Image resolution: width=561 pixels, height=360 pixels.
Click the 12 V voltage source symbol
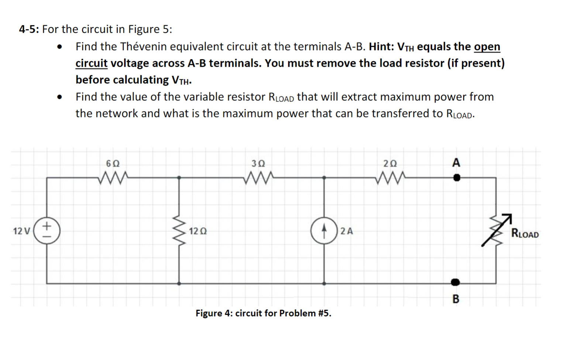(x=47, y=231)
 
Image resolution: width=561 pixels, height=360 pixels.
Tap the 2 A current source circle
(x=324, y=231)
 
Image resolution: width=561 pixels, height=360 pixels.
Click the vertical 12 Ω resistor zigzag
(x=179, y=231)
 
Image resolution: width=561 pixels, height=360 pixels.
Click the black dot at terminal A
(x=457, y=178)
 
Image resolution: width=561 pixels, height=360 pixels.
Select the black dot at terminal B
(x=455, y=282)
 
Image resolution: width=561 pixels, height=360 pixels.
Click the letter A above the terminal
(x=456, y=162)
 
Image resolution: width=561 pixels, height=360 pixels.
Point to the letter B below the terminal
(x=456, y=299)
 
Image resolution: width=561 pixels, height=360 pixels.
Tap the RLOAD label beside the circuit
(x=524, y=234)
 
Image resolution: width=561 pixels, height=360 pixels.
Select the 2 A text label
(x=347, y=231)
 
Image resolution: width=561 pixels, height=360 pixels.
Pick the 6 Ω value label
(x=113, y=163)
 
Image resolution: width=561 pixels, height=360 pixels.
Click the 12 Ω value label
(x=198, y=231)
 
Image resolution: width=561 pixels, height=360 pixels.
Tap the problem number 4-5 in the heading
(x=29, y=29)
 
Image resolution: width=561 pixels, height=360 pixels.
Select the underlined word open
(x=487, y=47)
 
